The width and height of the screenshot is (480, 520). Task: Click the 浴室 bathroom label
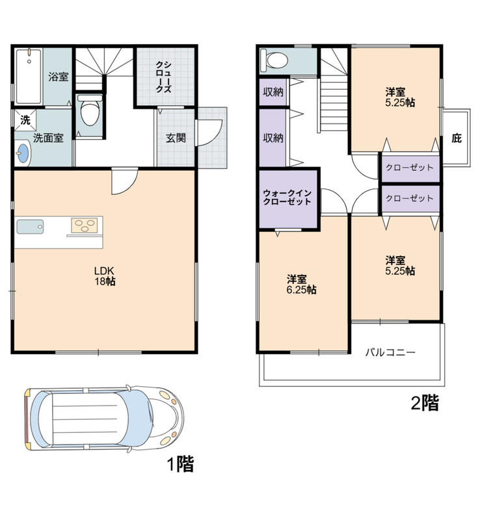(x=59, y=77)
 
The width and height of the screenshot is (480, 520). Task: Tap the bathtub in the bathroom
(x=29, y=77)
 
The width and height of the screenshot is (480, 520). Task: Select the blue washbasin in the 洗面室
(x=23, y=153)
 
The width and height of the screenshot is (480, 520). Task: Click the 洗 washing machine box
(x=25, y=120)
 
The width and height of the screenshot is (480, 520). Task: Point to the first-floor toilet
(x=90, y=112)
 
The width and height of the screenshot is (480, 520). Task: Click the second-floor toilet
(x=274, y=60)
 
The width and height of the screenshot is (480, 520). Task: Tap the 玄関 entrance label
(x=176, y=138)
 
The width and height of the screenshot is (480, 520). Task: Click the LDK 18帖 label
(x=105, y=276)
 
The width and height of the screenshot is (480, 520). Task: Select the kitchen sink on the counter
(x=30, y=226)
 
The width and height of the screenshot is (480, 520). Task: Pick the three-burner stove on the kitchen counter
(x=85, y=226)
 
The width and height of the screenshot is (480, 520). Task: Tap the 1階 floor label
(x=180, y=463)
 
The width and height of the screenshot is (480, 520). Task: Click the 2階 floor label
(x=425, y=402)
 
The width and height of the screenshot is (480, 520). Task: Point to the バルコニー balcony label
(x=390, y=352)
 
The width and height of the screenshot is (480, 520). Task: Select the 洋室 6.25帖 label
(x=301, y=285)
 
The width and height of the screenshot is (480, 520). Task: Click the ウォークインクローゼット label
(x=287, y=198)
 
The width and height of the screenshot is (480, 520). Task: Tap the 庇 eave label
(x=457, y=138)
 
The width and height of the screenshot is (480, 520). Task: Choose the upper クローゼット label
(x=410, y=168)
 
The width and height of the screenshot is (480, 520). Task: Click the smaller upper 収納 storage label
(x=273, y=92)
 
